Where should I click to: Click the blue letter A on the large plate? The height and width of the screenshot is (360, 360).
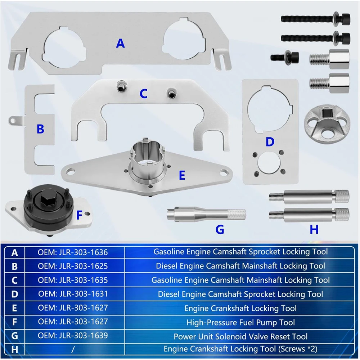click(120, 44)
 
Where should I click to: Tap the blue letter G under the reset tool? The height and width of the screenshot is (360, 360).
click(220, 229)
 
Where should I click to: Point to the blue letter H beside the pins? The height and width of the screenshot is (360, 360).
click(314, 229)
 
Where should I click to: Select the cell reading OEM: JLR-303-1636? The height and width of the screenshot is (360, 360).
click(73, 252)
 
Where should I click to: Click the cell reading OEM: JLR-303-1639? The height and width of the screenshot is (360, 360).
click(73, 336)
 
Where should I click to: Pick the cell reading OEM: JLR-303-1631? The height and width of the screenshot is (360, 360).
click(73, 294)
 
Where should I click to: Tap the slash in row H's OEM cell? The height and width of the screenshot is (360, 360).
click(73, 350)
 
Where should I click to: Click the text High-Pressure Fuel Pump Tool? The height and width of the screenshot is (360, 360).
click(240, 322)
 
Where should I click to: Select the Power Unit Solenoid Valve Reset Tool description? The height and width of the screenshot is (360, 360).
click(240, 336)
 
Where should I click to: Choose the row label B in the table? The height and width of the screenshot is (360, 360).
click(14, 266)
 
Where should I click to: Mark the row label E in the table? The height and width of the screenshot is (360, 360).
click(14, 308)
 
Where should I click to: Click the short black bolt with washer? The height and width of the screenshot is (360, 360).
click(285, 57)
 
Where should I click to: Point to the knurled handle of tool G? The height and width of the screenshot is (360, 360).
click(237, 215)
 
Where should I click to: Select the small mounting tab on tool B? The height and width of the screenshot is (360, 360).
click(16, 121)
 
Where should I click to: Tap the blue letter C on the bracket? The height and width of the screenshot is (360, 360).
click(144, 94)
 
